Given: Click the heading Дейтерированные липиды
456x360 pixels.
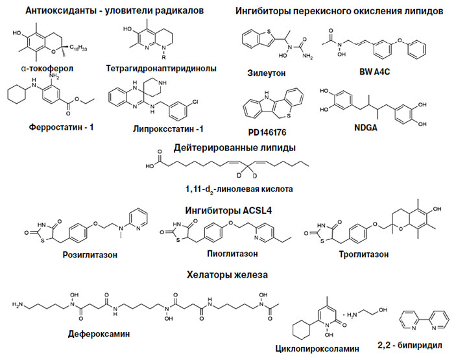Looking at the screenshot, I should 227,147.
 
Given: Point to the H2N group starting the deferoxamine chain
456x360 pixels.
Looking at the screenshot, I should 19,303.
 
